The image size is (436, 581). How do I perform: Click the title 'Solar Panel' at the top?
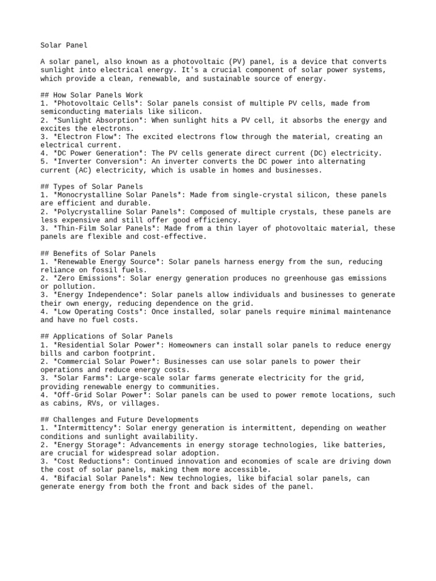tap(64, 45)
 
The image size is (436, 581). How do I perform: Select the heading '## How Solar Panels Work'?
tap(92, 95)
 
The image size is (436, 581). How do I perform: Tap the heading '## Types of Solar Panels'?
tap(92, 187)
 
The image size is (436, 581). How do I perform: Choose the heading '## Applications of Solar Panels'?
tap(107, 336)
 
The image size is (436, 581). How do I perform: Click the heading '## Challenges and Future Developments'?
tap(120, 420)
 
